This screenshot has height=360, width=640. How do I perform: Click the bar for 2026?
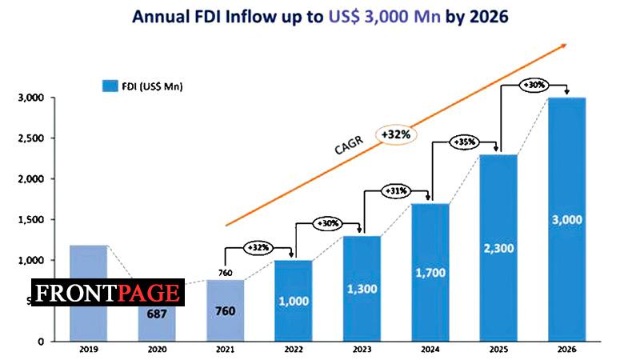point(566,220)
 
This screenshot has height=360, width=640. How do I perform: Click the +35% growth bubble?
point(466,142)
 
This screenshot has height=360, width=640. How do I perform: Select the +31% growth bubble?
point(398,191)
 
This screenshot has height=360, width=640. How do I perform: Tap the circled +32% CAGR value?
point(396,135)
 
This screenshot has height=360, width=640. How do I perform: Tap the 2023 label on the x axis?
point(361,350)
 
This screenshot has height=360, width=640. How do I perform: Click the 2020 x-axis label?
point(156,350)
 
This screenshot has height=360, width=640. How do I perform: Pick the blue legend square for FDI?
point(110,85)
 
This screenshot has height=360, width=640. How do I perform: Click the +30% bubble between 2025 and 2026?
point(534,85)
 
